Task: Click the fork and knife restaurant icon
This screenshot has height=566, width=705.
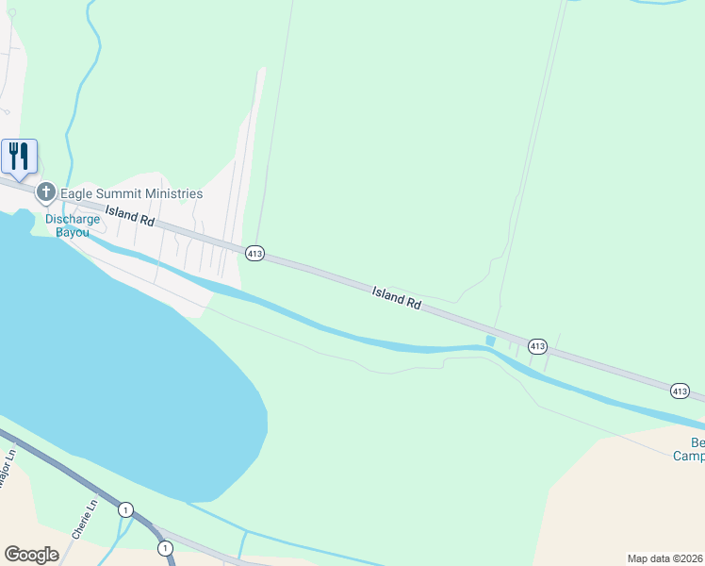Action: pyautogui.click(x=19, y=156)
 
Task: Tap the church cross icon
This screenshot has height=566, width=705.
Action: pyautogui.click(x=45, y=192)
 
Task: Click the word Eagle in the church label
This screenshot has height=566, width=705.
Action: pyautogui.click(x=80, y=193)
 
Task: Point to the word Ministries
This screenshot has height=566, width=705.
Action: pyautogui.click(x=176, y=193)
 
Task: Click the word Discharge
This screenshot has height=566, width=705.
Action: pyautogui.click(x=73, y=219)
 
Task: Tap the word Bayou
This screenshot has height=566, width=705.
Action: pyautogui.click(x=73, y=232)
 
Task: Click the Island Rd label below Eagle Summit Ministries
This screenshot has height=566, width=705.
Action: pyautogui.click(x=129, y=215)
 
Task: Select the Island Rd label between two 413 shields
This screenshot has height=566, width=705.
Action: pyautogui.click(x=396, y=298)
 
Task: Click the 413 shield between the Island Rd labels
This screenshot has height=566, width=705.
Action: pyautogui.click(x=254, y=253)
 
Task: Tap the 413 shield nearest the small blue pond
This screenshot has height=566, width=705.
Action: pyautogui.click(x=537, y=346)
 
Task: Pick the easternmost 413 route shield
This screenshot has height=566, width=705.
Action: pyautogui.click(x=680, y=391)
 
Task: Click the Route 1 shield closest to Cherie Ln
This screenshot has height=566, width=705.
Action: pyautogui.click(x=125, y=509)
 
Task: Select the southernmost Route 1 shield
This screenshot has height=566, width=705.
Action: pyautogui.click(x=165, y=547)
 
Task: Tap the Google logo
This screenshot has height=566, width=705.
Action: pyautogui.click(x=31, y=555)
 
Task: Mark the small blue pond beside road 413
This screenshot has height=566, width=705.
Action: pyautogui.click(x=489, y=341)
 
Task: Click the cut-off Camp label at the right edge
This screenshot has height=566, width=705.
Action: pyautogui.click(x=688, y=457)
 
